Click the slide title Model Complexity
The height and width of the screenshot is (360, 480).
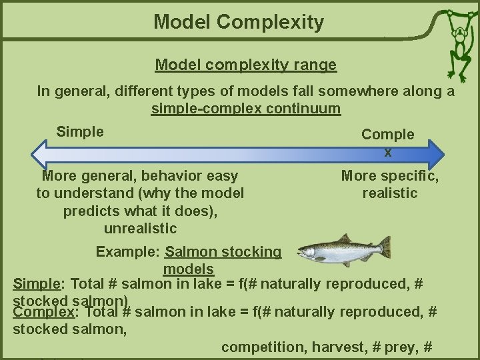point(239,22)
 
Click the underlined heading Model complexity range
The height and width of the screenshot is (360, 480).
point(245,65)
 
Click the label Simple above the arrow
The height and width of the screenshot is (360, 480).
point(80,131)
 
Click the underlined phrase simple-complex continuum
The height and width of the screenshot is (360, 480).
point(245,109)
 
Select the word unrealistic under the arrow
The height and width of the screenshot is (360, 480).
point(140,228)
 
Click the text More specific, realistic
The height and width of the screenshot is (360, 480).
point(390,185)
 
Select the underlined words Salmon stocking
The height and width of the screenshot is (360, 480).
point(223,252)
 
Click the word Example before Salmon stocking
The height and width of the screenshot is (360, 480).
point(127,252)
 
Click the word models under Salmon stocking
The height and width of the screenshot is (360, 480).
point(188,269)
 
